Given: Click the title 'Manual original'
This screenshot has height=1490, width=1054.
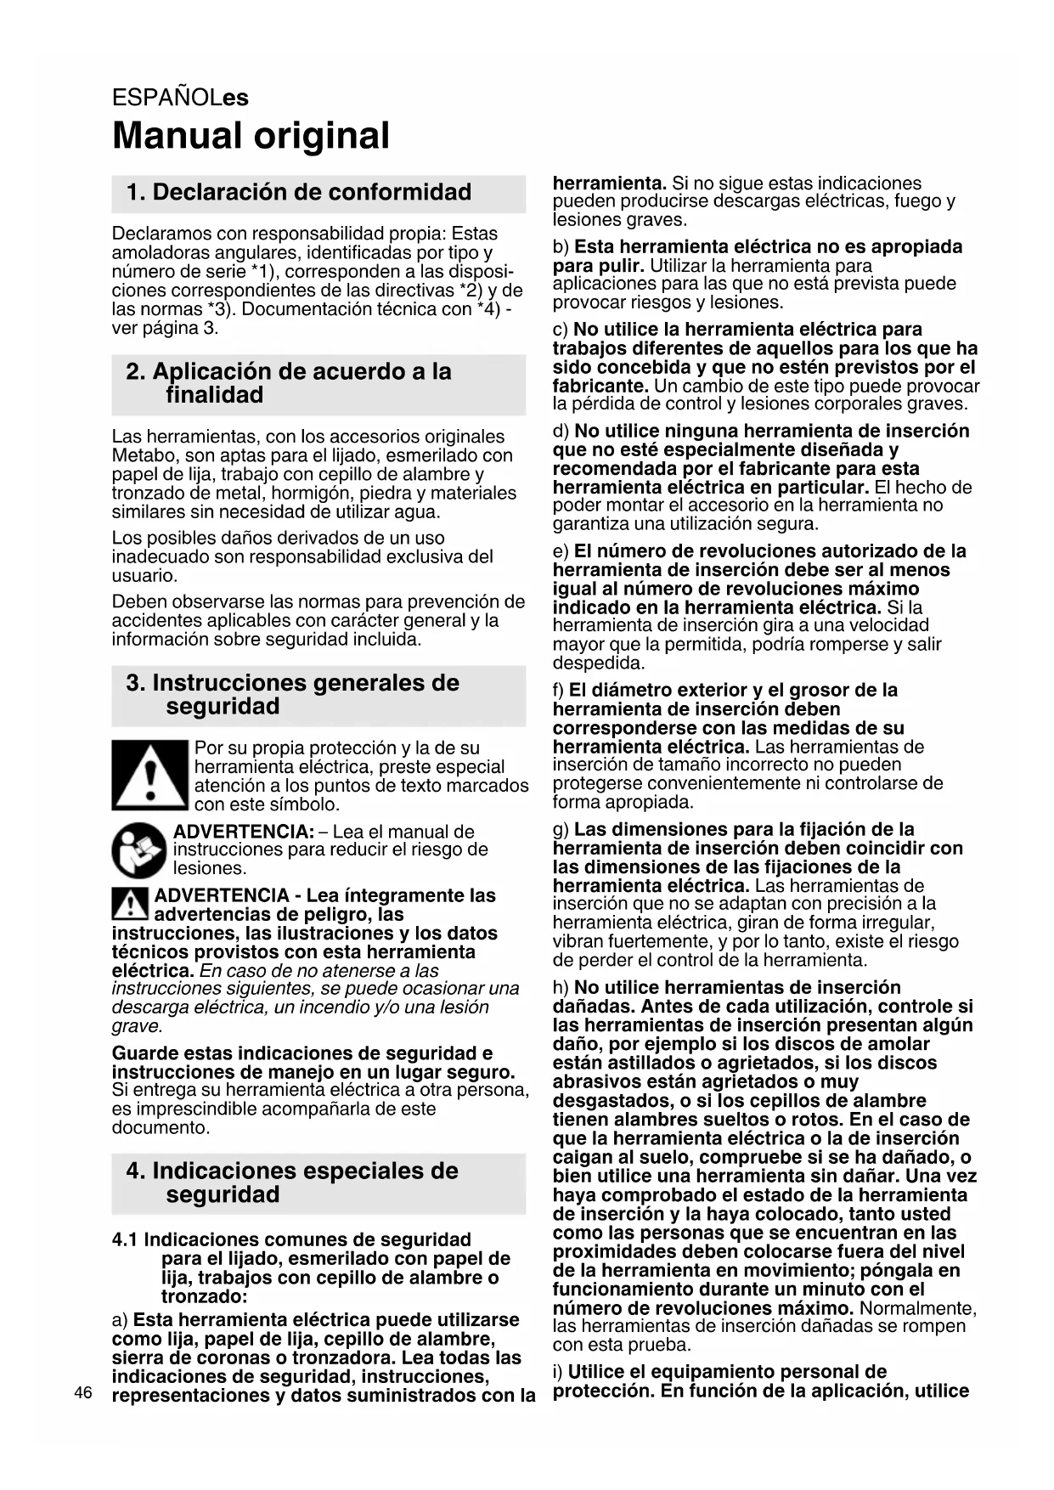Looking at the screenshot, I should (251, 136).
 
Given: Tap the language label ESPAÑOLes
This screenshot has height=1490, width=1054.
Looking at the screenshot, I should (180, 98).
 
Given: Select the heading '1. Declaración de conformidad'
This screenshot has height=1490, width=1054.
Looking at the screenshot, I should (298, 192).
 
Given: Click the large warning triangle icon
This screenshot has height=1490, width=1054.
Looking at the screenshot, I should (149, 775).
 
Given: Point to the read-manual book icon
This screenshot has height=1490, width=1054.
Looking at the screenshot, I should (139, 850).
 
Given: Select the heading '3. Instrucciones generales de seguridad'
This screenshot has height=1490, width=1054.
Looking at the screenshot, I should (292, 694).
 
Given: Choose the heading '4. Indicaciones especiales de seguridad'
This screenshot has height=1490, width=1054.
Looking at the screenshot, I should (292, 1182).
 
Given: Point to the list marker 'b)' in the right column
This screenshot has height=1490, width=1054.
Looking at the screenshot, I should (561, 247).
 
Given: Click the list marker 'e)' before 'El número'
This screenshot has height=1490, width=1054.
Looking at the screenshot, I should (561, 551).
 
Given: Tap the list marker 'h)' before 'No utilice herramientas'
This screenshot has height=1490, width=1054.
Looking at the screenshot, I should (561, 987).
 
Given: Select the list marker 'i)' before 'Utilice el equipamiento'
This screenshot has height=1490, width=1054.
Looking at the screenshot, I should (558, 1371).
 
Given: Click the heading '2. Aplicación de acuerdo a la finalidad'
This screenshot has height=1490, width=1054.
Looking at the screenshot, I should (290, 383).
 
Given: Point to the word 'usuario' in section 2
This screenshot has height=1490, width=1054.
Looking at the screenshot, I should (144, 576).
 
